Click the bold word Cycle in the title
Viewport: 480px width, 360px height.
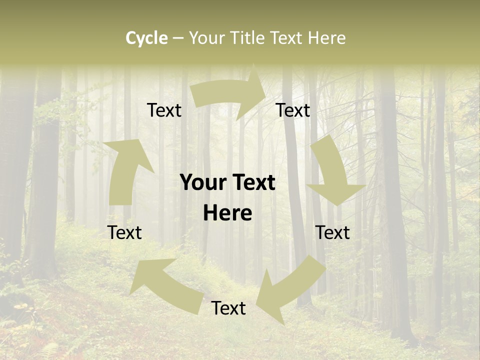146,38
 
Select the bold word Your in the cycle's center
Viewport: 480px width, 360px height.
203,183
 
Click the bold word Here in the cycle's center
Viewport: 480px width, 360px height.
227,213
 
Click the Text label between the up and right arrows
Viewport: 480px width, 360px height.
164,110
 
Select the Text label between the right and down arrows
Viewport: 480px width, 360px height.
293,110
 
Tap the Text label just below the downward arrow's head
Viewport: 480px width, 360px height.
332,232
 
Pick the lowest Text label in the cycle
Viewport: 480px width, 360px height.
228,308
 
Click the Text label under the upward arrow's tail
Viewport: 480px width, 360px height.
124,232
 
